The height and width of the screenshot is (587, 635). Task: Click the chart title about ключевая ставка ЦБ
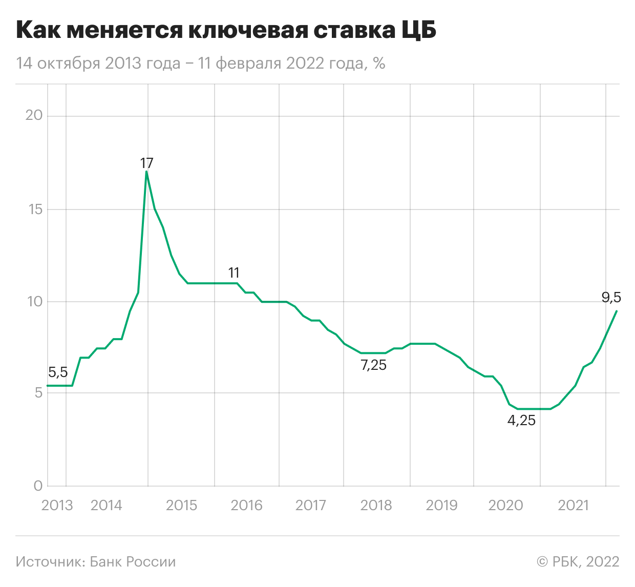(x=226, y=31)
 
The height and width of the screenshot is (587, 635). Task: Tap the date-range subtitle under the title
(x=200, y=64)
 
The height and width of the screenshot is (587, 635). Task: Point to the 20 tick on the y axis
(x=34, y=115)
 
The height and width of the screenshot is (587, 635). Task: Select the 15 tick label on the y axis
(x=34, y=209)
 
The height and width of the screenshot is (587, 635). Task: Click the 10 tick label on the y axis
(x=34, y=301)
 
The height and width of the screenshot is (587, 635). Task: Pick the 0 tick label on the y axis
(x=38, y=486)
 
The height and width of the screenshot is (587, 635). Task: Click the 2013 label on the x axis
(x=57, y=506)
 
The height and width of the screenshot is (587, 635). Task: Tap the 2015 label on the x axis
(x=181, y=506)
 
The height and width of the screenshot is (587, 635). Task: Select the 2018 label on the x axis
(x=376, y=506)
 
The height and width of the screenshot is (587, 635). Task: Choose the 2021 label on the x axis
(x=574, y=506)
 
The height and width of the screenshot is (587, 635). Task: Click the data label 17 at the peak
(x=146, y=163)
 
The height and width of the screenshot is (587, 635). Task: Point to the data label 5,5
(x=58, y=372)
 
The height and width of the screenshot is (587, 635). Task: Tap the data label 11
(x=234, y=272)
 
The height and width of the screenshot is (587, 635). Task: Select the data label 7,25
(x=373, y=365)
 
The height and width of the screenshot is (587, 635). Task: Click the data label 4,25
(x=521, y=421)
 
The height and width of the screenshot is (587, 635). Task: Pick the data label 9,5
(x=611, y=297)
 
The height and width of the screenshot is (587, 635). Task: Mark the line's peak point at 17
(x=146, y=172)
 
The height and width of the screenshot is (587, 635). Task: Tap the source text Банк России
(x=96, y=562)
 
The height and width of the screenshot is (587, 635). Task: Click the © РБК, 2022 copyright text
(x=578, y=562)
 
